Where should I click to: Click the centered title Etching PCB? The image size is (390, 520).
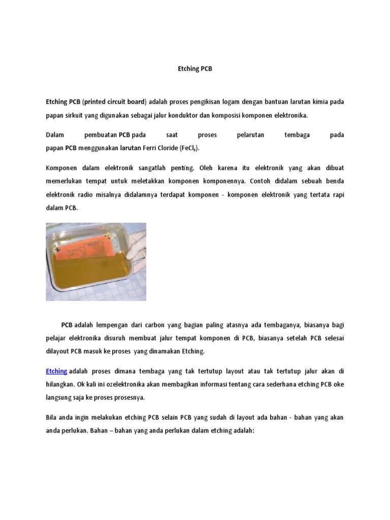pyautogui.click(x=195, y=69)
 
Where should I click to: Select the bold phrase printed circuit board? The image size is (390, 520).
pyautogui.click(x=114, y=102)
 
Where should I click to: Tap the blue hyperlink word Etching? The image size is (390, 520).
pyautogui.click(x=56, y=371)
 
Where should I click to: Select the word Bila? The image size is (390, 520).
pyautogui.click(x=52, y=417)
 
